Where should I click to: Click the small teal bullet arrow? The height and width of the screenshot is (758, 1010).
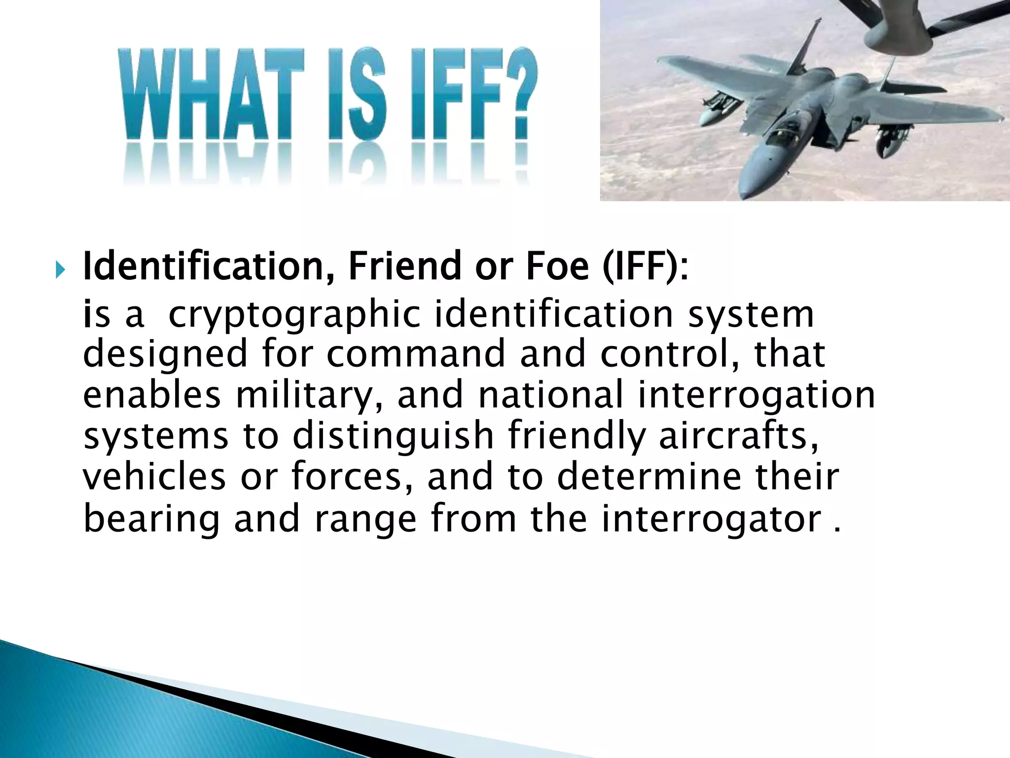(60, 270)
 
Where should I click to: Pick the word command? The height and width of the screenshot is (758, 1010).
(416, 354)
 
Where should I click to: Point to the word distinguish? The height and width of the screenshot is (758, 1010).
(393, 436)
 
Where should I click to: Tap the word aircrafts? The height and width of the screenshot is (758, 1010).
(739, 436)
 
